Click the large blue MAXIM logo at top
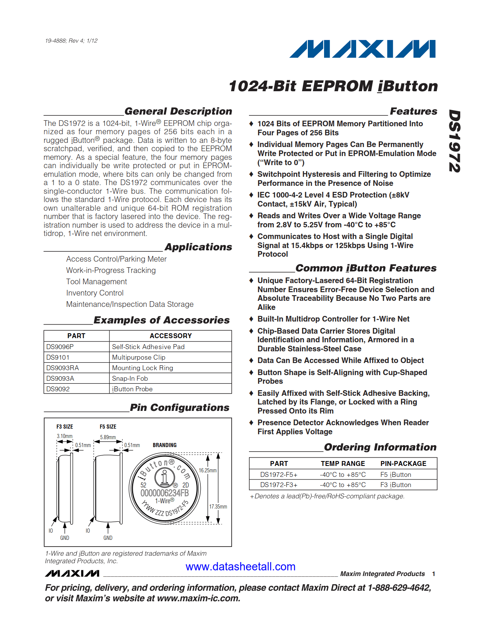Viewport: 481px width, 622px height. tap(362, 49)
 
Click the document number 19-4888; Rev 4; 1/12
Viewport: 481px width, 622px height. tap(71, 41)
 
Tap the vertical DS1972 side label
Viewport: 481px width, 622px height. tap(455, 141)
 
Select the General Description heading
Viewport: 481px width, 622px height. tap(178, 111)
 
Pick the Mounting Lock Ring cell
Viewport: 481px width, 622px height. tap(143, 368)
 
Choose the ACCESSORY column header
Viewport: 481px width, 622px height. tap(171, 336)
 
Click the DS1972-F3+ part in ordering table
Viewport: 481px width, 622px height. tap(279, 485)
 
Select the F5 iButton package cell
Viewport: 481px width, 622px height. tap(396, 475)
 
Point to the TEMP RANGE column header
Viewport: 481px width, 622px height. tap(343, 464)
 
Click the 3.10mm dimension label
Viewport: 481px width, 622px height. tap(65, 436)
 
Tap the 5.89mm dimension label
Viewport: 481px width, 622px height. tap(108, 437)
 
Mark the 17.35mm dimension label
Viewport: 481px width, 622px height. tap(218, 507)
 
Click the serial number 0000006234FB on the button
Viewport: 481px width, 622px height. tap(164, 493)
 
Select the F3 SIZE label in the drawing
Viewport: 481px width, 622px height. tap(65, 427)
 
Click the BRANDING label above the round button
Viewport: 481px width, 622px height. tap(164, 445)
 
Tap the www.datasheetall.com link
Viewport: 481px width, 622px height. tap(240, 567)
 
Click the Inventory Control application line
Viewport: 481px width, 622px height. tap(95, 293)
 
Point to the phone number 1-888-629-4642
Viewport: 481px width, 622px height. tap(399, 588)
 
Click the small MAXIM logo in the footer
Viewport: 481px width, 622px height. tap(72, 573)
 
